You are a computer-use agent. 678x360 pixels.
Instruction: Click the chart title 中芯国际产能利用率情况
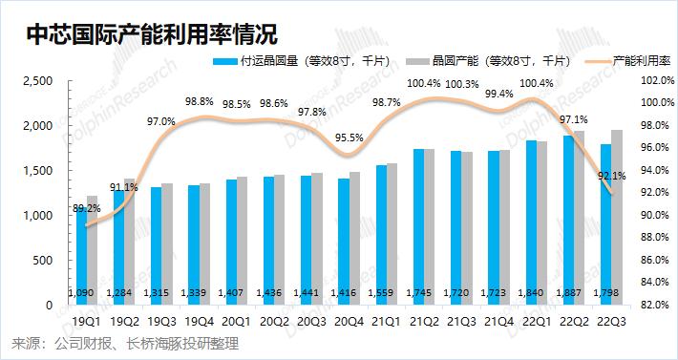151,33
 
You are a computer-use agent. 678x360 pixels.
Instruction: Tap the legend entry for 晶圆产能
488,61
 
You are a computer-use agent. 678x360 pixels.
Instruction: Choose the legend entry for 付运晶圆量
301,61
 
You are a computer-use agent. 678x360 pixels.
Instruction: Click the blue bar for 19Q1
82,256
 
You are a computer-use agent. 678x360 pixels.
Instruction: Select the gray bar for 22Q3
617,218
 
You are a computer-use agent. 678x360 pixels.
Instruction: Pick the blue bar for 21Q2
418,227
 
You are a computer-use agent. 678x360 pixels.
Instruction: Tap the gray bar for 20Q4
354,239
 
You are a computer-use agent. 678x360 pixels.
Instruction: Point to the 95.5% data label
349,138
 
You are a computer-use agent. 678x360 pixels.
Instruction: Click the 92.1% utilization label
612,176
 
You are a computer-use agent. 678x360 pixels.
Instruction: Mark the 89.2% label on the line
87,208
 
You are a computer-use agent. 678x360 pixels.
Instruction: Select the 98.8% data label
200,102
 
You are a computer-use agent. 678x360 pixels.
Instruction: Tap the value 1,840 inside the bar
536,293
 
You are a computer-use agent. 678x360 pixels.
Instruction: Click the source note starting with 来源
125,344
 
